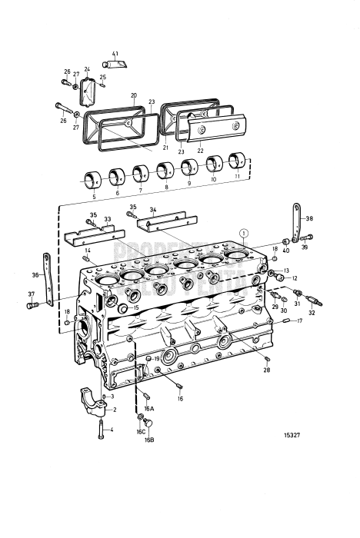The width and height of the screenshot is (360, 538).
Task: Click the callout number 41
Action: tap(115, 53)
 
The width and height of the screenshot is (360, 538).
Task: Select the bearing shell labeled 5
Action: tap(93, 181)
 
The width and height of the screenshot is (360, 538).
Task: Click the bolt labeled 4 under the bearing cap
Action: tap(102, 433)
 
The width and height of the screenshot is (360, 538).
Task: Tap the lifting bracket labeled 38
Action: tap(296, 223)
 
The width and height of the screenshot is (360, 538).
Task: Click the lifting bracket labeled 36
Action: tap(48, 281)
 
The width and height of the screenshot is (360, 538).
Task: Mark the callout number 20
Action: tap(133, 96)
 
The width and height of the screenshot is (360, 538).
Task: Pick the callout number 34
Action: tap(153, 209)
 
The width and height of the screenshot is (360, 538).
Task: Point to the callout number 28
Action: tap(266, 370)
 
